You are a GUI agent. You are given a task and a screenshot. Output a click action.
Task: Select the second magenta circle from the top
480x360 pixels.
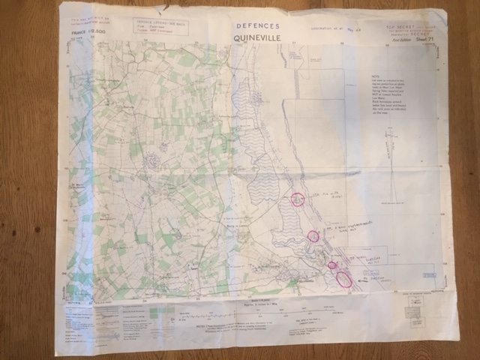313,236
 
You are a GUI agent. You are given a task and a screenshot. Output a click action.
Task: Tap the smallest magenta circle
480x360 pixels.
332,265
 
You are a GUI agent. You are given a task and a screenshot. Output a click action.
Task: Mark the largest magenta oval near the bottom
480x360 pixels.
344,279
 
